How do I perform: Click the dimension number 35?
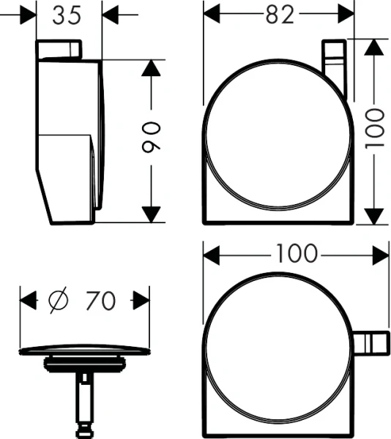[69, 15]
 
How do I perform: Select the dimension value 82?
[279, 15]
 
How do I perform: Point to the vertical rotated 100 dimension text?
[375, 130]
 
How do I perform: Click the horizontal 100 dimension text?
[297, 254]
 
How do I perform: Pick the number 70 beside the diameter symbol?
[100, 299]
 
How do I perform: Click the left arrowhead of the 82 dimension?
[211, 15]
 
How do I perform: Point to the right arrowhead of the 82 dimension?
[346, 15]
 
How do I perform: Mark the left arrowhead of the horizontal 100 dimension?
[211, 255]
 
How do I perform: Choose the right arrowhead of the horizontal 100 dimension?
[381, 255]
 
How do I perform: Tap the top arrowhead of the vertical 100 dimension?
[375, 46]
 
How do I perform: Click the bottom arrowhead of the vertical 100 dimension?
[375, 216]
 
